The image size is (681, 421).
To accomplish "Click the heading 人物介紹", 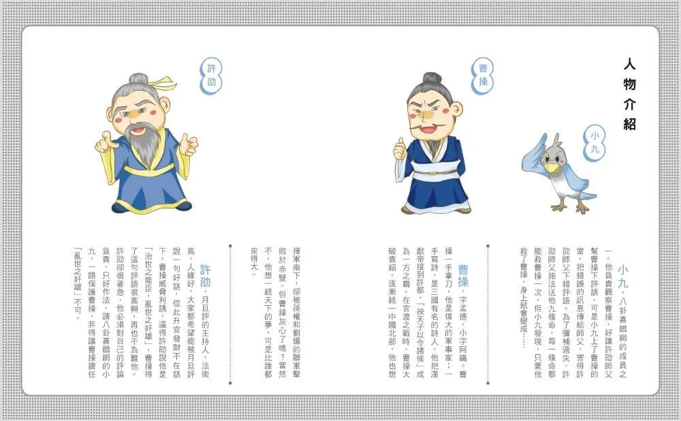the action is point(629,94).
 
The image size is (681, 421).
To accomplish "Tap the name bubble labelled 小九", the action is point(594,143).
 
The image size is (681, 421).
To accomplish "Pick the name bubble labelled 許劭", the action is point(211,76).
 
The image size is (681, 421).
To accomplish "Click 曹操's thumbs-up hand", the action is point(400,149).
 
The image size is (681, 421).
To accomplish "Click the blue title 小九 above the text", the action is point(623,277).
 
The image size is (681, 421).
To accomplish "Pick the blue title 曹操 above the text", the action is point(463,277).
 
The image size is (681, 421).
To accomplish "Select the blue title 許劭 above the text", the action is point(205,276).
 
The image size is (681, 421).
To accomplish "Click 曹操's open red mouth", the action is point(428,128).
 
